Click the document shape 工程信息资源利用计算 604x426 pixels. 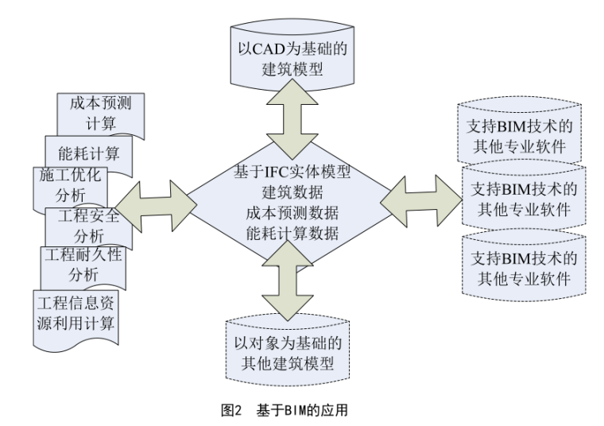tap(76, 313)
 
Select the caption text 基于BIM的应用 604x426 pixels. tap(303, 412)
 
